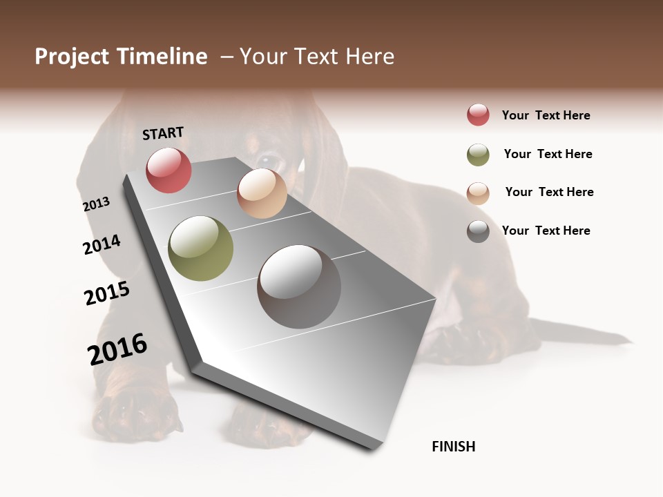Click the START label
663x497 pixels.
163,133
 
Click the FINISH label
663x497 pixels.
454,447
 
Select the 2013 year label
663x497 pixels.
97,204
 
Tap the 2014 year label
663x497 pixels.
102,244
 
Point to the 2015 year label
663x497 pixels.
107,294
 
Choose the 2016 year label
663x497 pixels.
117,349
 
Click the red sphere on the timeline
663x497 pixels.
169,170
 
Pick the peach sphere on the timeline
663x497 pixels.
262,193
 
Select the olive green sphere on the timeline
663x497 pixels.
201,248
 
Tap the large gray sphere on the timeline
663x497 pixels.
299,286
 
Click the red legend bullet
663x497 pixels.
478,115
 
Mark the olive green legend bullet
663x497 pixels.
478,155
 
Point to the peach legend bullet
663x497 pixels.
478,193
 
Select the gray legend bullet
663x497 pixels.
478,231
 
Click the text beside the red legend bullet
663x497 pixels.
546,115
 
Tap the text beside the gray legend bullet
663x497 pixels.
546,231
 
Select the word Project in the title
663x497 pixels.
72,57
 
